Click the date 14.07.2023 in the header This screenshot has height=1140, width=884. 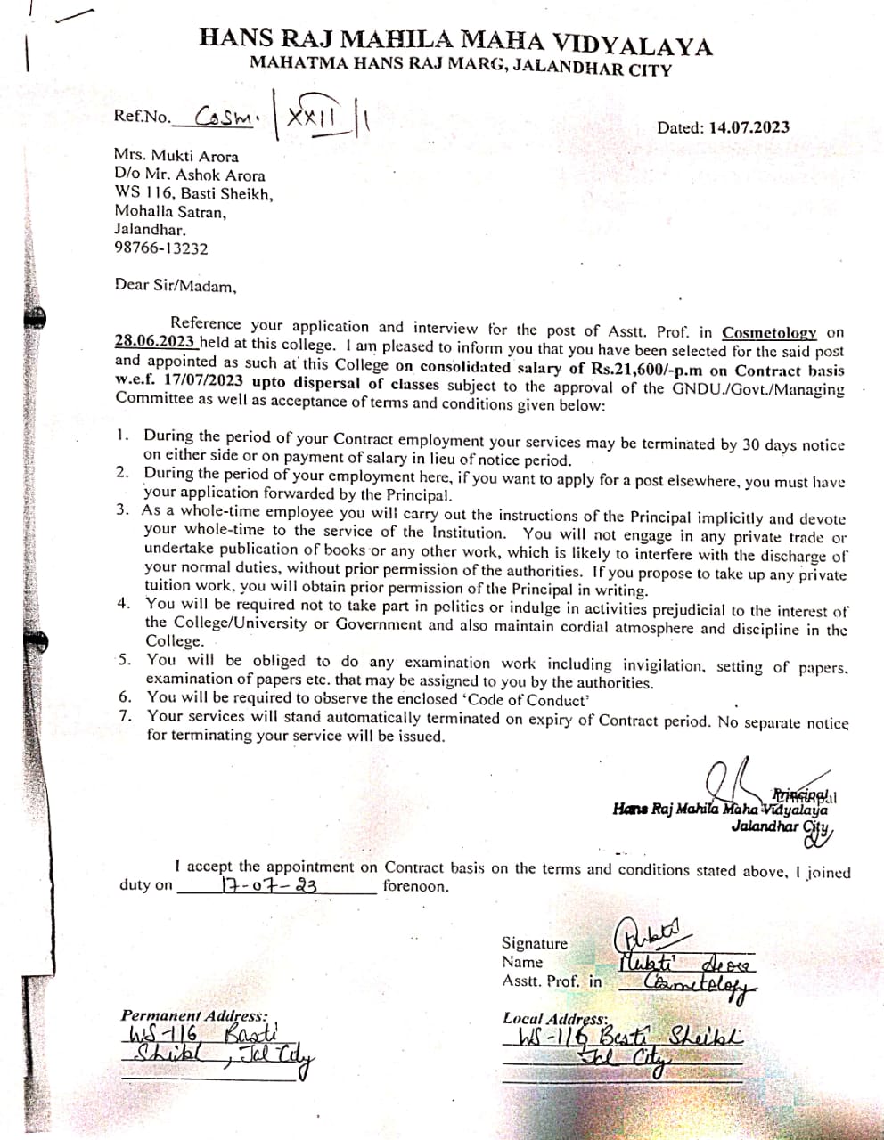click(x=749, y=127)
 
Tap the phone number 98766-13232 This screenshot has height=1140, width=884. click(x=161, y=248)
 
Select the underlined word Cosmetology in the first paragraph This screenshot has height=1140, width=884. click(x=769, y=332)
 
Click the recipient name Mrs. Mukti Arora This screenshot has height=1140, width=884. click(x=176, y=155)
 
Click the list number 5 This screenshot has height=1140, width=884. click(x=126, y=660)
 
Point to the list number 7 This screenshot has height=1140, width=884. click(x=126, y=714)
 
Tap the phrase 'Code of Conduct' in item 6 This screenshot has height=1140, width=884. click(x=529, y=700)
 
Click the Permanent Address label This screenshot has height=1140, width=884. click(x=194, y=1015)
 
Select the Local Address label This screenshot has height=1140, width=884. click(x=555, y=1018)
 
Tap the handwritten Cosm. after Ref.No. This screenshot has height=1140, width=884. click(x=226, y=117)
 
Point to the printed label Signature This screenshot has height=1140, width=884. click(x=534, y=943)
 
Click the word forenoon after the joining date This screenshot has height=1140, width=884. click(x=416, y=886)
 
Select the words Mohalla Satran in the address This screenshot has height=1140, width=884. click(x=170, y=211)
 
